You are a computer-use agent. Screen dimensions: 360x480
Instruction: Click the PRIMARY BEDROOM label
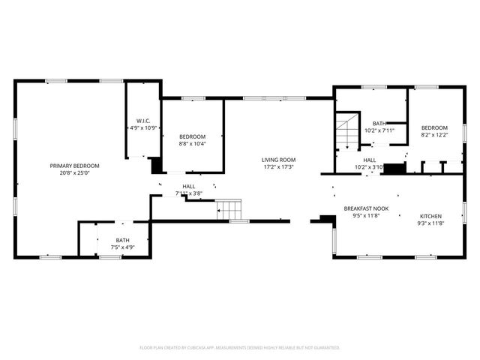tap(74, 166)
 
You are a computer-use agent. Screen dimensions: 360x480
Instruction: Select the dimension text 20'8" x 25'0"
tap(74, 173)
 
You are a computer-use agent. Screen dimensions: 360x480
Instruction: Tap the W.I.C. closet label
tap(143, 121)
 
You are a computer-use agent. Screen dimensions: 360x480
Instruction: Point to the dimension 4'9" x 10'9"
tap(143, 128)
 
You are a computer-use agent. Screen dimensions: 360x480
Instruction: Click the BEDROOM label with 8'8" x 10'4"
tap(192, 136)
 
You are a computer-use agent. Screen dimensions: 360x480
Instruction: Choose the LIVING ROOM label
tap(278, 160)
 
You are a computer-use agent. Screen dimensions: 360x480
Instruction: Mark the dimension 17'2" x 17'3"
tap(278, 167)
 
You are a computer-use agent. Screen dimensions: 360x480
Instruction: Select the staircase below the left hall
tap(229, 209)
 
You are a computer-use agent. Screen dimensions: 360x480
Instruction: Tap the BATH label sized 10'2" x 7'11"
tap(379, 124)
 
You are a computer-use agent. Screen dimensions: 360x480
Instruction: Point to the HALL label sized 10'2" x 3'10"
tap(370, 160)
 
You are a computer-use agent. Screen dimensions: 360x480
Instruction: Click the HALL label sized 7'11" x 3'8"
tap(188, 187)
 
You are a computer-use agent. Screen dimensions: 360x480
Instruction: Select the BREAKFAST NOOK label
tap(367, 208)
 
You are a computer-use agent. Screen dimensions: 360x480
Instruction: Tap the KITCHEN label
tap(431, 216)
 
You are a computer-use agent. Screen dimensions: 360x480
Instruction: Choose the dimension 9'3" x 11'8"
tap(431, 223)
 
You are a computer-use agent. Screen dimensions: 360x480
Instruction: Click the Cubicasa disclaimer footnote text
tap(240, 348)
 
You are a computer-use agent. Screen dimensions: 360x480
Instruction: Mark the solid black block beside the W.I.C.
tap(156, 166)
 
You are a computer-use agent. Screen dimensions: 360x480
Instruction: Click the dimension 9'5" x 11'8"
tap(367, 216)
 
